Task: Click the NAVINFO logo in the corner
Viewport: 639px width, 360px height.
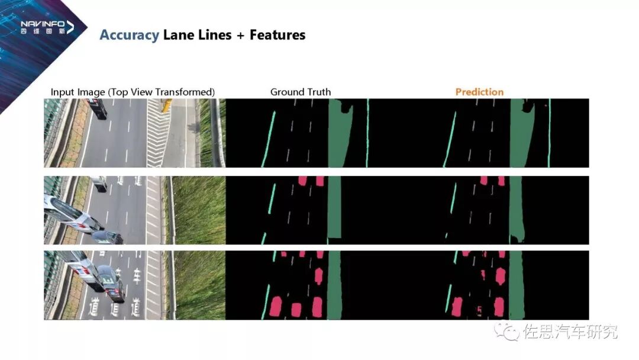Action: click(x=47, y=26)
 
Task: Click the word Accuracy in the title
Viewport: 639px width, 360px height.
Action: click(x=129, y=35)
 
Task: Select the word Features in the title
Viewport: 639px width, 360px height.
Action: click(x=277, y=35)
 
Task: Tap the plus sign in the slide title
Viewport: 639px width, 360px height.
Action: click(x=240, y=36)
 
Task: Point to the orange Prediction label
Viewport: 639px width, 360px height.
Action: click(x=479, y=92)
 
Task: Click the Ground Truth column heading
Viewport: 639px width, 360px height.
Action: click(x=301, y=92)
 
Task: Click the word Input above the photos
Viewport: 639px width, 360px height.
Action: click(x=62, y=92)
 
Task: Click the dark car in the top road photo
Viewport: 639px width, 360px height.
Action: click(x=98, y=108)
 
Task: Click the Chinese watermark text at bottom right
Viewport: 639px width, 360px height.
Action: click(x=570, y=332)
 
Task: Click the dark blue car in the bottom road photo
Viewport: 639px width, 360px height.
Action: click(x=111, y=282)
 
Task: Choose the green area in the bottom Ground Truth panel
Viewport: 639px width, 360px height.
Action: click(x=335, y=284)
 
